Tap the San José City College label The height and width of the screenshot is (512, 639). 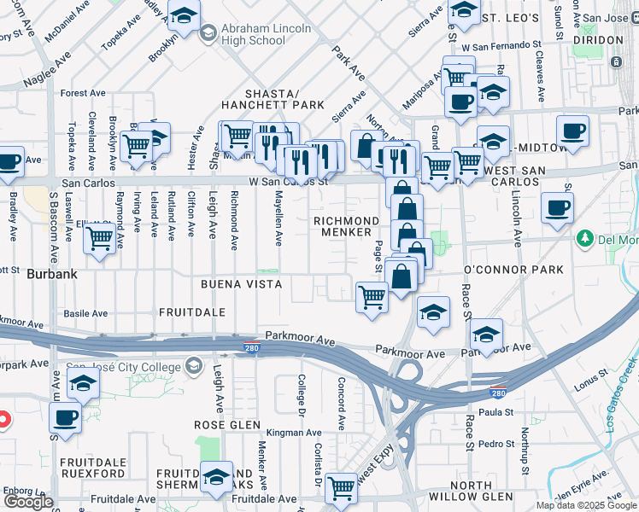coord(125,367)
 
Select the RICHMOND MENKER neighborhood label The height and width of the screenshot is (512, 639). coord(346,226)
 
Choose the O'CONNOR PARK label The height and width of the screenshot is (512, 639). coord(513,270)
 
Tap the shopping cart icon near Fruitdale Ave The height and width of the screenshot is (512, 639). coord(341,488)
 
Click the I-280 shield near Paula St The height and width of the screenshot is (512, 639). coord(497,393)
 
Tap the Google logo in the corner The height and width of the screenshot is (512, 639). coord(28,502)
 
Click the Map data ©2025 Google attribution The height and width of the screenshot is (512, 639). coord(586,505)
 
